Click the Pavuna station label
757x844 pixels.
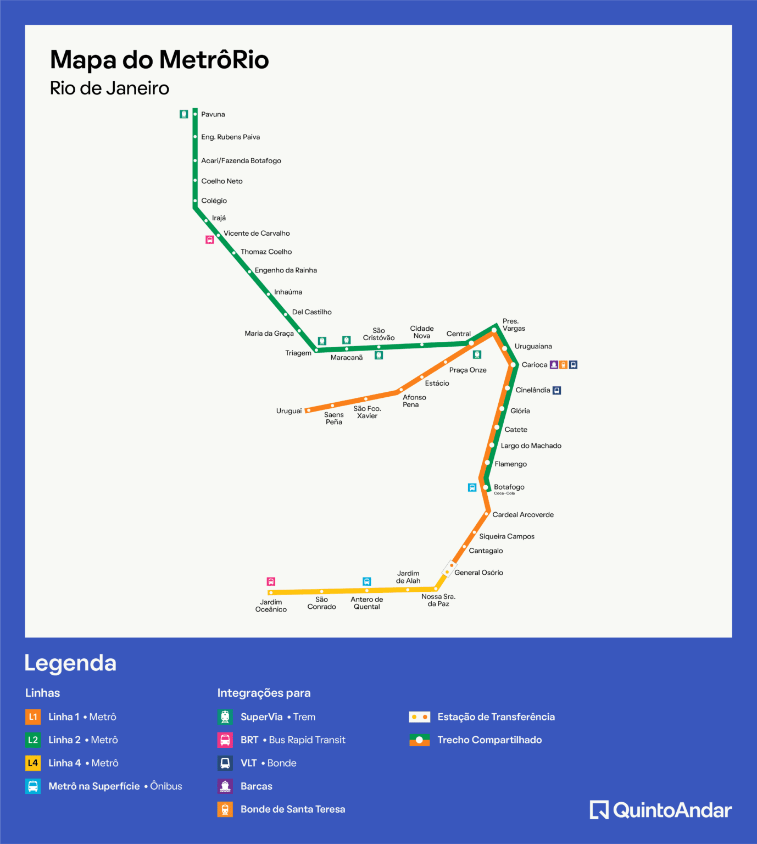(x=213, y=114)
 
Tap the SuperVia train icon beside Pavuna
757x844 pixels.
(x=184, y=114)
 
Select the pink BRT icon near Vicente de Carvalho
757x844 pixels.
(x=210, y=240)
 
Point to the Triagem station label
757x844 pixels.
(x=298, y=353)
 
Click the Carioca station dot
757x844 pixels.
(x=514, y=365)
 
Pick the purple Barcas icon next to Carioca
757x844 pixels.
(x=554, y=365)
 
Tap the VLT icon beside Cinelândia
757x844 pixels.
(x=556, y=390)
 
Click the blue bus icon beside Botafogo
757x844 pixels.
(x=472, y=487)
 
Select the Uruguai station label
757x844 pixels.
(x=289, y=411)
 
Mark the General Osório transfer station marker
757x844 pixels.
(x=449, y=569)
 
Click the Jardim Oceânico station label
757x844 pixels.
(x=271, y=606)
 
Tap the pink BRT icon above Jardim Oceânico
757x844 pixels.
(x=271, y=581)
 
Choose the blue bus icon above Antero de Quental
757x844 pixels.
(x=367, y=581)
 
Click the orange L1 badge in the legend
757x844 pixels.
(x=33, y=717)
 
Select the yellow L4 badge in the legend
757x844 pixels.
(x=33, y=763)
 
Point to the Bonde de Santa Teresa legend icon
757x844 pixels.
(x=225, y=809)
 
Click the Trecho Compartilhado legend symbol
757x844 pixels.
(x=420, y=740)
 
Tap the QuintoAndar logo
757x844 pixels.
(x=661, y=810)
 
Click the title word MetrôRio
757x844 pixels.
(x=214, y=60)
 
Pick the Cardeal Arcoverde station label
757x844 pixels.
(x=523, y=515)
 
